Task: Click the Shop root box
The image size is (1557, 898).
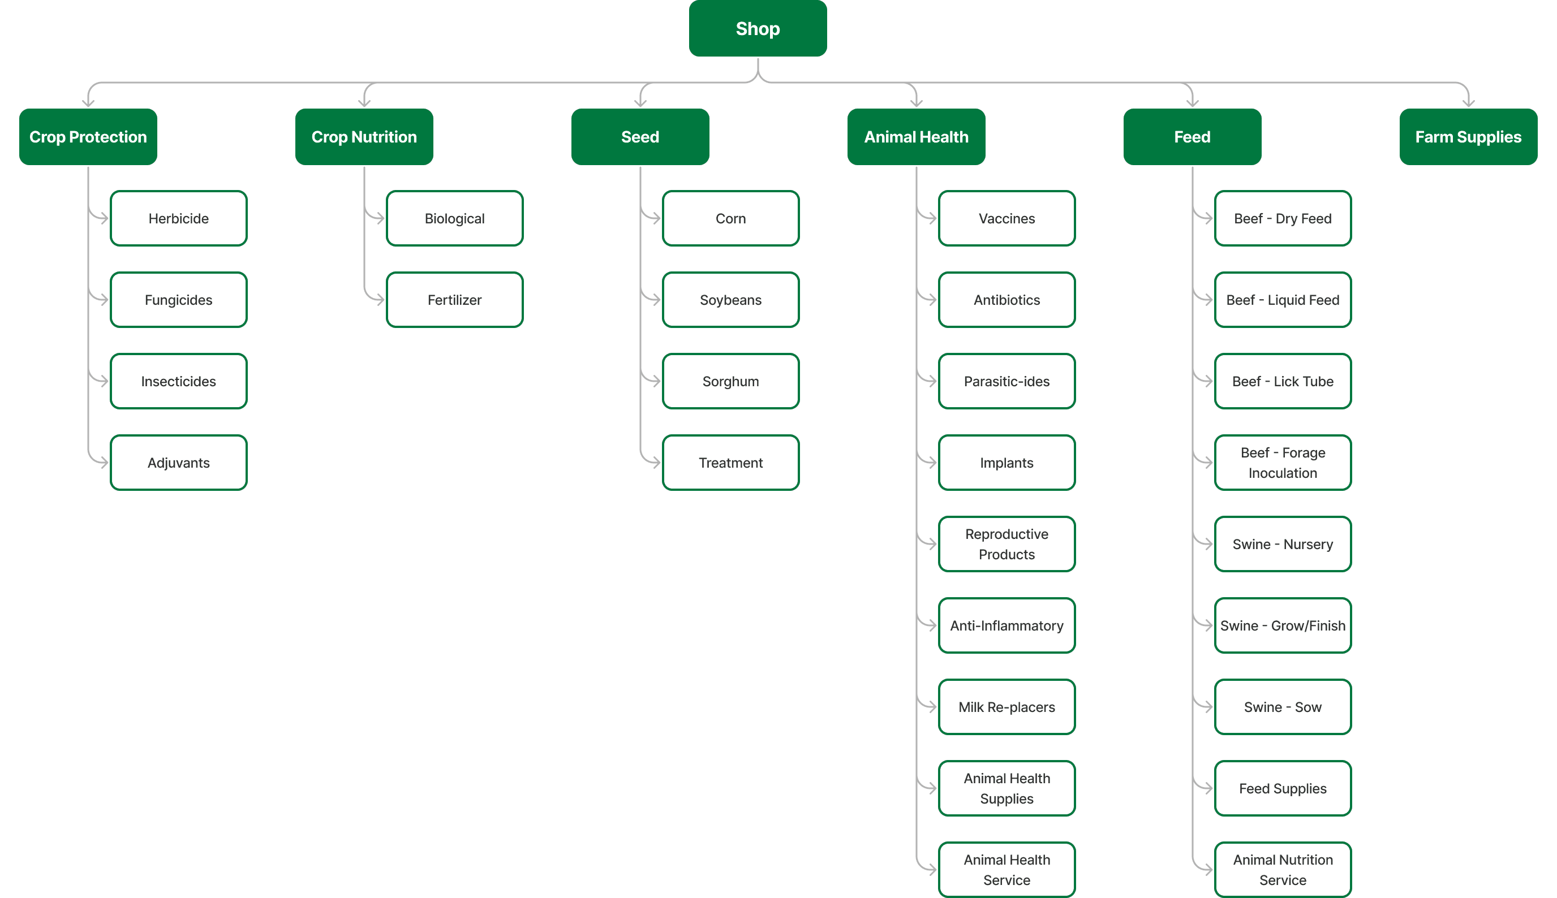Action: (758, 28)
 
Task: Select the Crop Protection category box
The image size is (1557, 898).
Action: (88, 137)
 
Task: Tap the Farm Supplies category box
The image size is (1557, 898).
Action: (1468, 137)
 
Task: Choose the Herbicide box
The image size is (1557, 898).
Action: (179, 218)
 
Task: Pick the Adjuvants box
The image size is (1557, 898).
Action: (179, 463)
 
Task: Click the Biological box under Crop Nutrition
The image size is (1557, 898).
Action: (455, 218)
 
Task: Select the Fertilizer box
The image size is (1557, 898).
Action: (455, 300)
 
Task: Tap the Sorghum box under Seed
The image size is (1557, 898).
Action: (731, 381)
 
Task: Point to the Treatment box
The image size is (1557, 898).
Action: (731, 463)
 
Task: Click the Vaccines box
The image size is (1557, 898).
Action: (1007, 218)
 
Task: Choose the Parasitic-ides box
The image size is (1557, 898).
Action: (1007, 381)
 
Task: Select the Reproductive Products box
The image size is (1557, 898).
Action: (1007, 544)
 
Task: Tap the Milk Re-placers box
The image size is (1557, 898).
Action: (1007, 707)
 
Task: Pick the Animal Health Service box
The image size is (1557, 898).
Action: (1007, 870)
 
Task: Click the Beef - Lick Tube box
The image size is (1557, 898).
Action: (1283, 381)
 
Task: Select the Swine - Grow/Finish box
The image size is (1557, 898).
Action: (1283, 625)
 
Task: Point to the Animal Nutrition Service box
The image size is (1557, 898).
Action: (1283, 870)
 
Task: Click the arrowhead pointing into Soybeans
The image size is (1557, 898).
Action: (657, 300)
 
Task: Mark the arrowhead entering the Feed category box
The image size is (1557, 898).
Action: (1193, 103)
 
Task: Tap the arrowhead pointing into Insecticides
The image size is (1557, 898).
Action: (105, 381)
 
